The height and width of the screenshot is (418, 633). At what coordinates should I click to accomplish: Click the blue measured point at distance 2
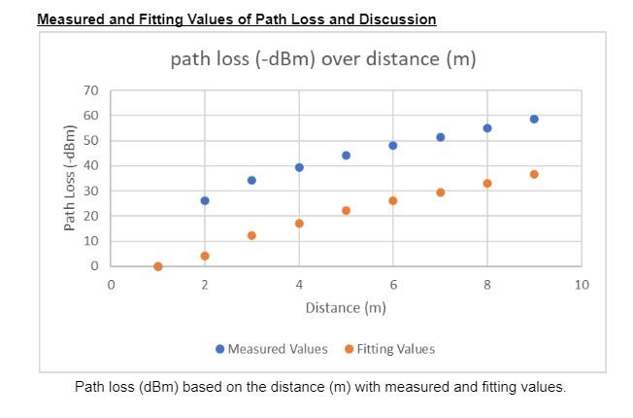205,200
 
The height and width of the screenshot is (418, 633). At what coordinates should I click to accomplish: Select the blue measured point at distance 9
534,119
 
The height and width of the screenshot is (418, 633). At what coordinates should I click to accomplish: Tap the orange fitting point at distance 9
534,174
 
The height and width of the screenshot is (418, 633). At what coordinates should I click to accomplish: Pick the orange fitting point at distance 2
205,256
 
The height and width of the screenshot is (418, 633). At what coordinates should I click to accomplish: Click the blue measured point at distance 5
346,156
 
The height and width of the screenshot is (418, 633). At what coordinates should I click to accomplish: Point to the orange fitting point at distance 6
393,200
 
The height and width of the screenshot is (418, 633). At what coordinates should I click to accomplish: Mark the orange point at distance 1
158,266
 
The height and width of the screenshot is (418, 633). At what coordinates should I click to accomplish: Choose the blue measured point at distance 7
440,137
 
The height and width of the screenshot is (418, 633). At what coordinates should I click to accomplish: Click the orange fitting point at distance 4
299,224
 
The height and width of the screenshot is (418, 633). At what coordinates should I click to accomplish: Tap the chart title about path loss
323,59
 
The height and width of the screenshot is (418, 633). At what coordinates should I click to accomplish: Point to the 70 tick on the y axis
92,91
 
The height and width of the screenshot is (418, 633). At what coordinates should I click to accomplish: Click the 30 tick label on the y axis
92,192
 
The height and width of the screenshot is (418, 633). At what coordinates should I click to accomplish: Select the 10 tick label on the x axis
582,285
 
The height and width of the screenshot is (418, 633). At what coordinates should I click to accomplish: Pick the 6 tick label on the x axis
393,285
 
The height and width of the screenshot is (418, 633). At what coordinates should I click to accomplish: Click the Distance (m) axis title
346,308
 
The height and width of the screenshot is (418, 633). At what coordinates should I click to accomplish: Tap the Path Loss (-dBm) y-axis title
70,179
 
